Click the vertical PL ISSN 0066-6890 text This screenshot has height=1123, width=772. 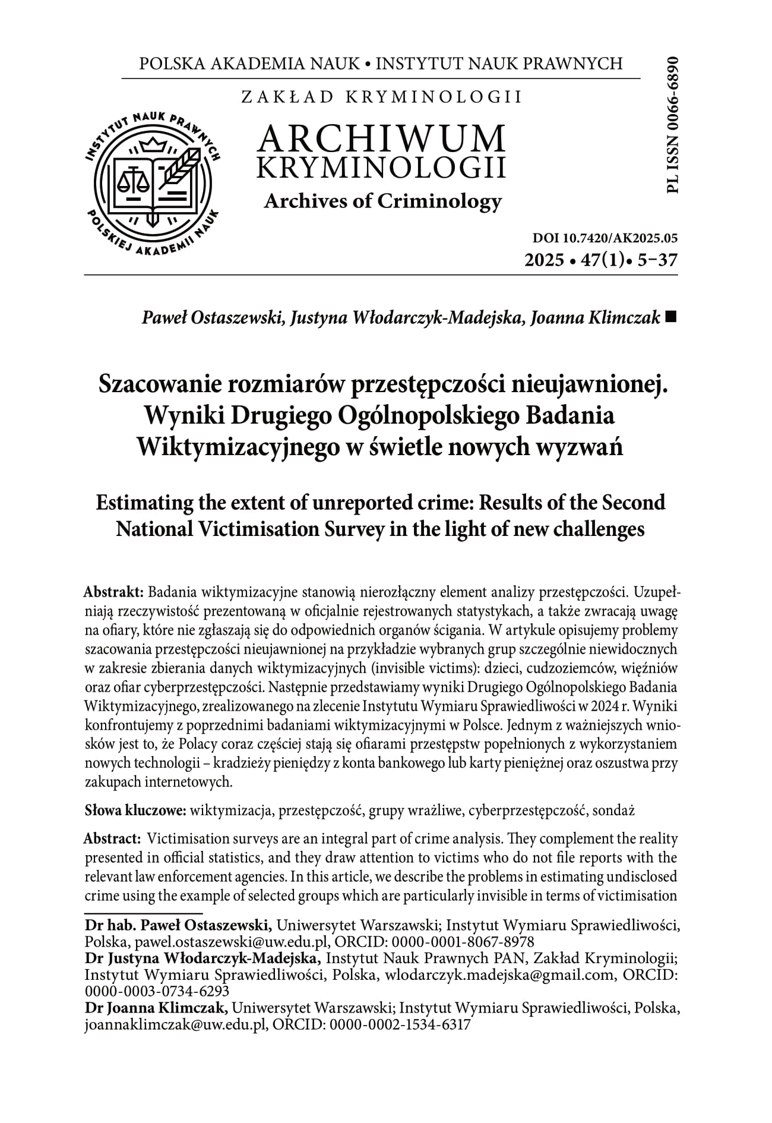click(x=672, y=124)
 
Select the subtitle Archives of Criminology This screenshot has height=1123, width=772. click(x=382, y=202)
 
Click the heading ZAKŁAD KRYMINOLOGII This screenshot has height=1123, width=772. click(x=381, y=97)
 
